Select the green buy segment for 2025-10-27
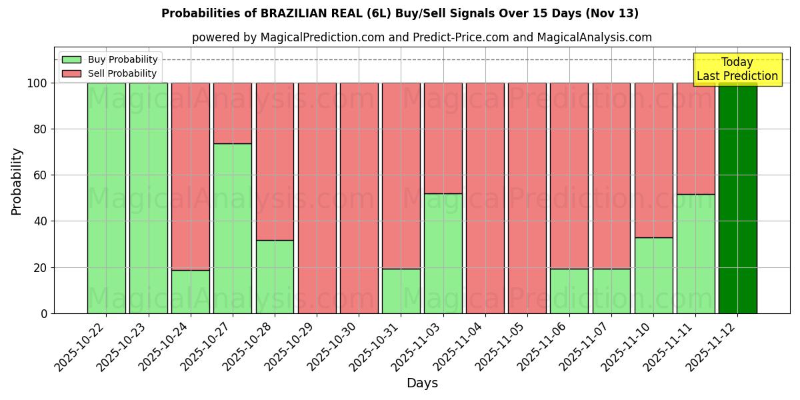point(233,228)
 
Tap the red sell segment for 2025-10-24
point(191,176)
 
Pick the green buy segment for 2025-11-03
point(443,253)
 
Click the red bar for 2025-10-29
point(317,198)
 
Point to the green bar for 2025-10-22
point(106,198)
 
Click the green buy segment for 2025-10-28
point(275,277)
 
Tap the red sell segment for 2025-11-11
point(696,139)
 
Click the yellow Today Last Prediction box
point(737,69)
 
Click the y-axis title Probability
point(17,181)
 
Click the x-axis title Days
point(422,383)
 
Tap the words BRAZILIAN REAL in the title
point(304,13)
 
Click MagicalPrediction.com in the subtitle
point(321,37)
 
